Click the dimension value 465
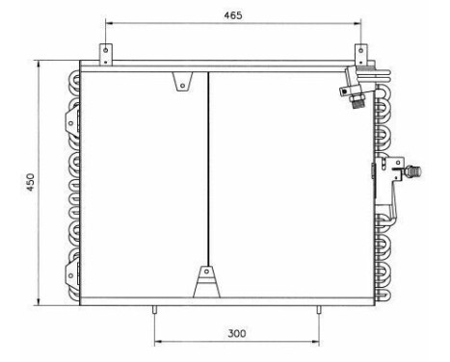click(232, 15)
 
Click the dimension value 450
click(31, 182)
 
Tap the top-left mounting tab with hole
click(106, 52)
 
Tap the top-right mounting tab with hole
click(359, 52)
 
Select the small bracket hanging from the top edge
click(180, 83)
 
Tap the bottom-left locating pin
click(154, 308)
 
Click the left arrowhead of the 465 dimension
click(109, 22)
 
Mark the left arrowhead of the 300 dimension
click(157, 341)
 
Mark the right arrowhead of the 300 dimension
click(317, 341)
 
